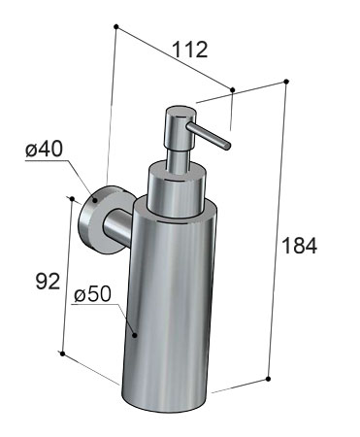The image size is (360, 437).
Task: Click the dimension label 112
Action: point(189,50)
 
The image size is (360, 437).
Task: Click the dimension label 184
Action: point(299,246)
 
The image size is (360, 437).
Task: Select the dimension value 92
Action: point(48,281)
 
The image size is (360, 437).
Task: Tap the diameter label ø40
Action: point(44,150)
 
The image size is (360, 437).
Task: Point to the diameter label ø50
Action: point(92,294)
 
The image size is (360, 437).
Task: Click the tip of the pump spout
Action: point(227,146)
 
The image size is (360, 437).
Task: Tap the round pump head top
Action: point(180,113)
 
